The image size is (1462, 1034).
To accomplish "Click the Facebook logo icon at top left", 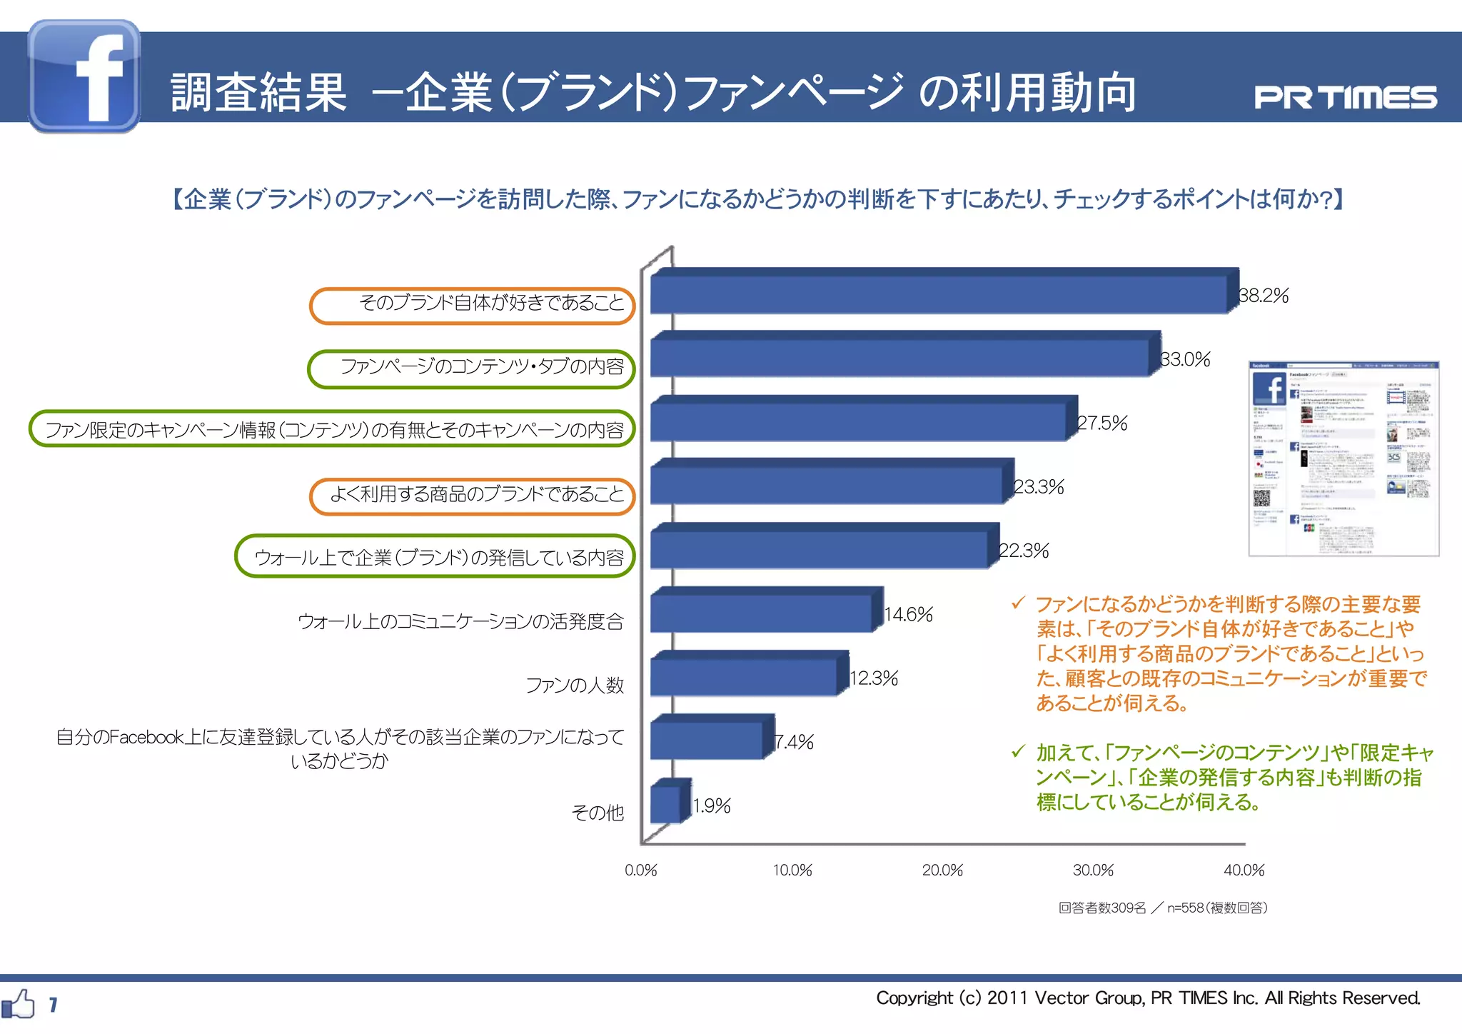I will pos(84,76).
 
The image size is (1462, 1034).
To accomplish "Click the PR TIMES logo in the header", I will pos(1345,97).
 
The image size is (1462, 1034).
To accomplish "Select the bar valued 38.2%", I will pos(939,293).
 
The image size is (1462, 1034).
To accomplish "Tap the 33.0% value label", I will pos(1185,359).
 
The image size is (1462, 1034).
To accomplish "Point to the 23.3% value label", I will pos(1039,487).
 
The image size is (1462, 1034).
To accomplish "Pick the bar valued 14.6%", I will pos(761,613).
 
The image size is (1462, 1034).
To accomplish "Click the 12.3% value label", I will pos(874,678).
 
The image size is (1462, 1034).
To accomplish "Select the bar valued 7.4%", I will pos(707,740).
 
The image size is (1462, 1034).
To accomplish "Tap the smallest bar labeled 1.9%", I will pos(665,804).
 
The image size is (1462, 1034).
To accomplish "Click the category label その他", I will pos(598,813).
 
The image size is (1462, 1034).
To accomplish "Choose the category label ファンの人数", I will pos(575,686).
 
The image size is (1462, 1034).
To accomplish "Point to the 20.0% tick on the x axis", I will pos(942,870).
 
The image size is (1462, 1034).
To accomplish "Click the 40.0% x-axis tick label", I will pos(1244,870).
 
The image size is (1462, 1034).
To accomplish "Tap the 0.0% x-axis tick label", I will pos(640,870).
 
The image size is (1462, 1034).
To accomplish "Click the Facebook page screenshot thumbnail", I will pos(1343,458).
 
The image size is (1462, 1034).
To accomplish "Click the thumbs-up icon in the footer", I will pos(19,1004).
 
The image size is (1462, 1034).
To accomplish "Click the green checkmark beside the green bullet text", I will pos(1019,751).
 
